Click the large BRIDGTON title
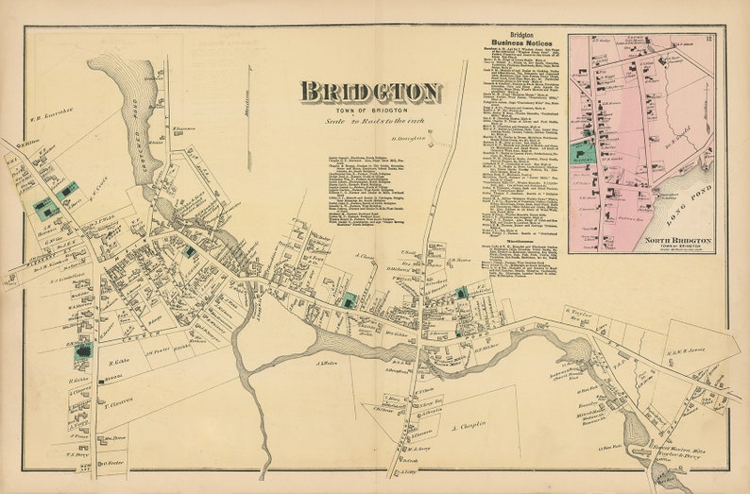370,93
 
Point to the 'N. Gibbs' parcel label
117,362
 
